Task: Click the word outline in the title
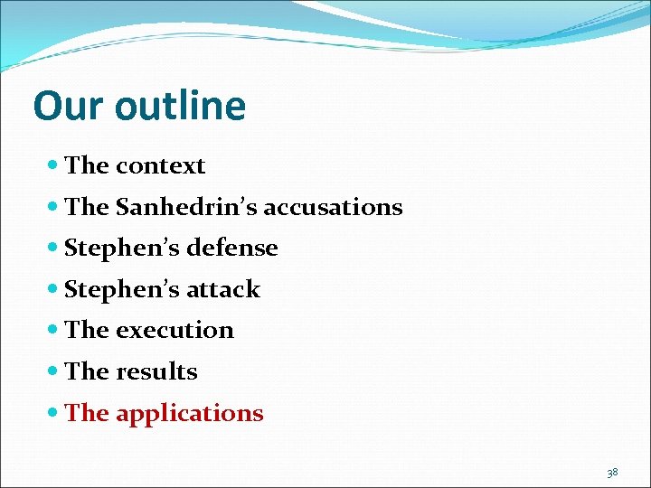click(x=180, y=106)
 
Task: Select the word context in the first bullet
click(x=160, y=166)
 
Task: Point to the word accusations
click(x=325, y=207)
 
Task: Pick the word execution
click(x=175, y=331)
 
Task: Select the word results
click(x=156, y=371)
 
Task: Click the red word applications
click(x=189, y=414)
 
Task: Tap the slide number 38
click(x=612, y=473)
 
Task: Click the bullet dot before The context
click(x=53, y=166)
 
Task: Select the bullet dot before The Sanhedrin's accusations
click(x=53, y=207)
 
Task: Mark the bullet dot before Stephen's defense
click(x=53, y=249)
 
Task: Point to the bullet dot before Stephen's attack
click(x=53, y=290)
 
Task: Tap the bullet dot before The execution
click(x=53, y=331)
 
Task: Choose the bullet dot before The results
click(x=53, y=371)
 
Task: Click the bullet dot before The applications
click(x=53, y=414)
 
